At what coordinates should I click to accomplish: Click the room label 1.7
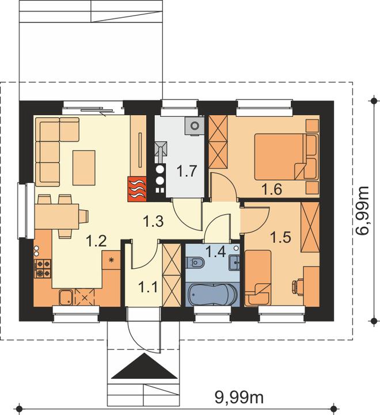pyautogui.click(x=187, y=171)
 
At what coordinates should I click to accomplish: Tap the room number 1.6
pyautogui.click(x=272, y=189)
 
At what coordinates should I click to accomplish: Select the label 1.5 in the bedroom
pyautogui.click(x=281, y=237)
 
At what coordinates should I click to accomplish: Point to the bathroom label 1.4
pyautogui.click(x=216, y=252)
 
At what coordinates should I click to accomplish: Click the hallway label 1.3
pyautogui.click(x=153, y=221)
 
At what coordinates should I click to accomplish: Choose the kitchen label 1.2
pyautogui.click(x=96, y=241)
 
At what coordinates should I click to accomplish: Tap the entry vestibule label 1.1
pyautogui.click(x=149, y=287)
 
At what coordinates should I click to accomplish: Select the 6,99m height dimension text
pyautogui.click(x=362, y=211)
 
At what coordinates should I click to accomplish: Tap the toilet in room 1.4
pyautogui.click(x=195, y=262)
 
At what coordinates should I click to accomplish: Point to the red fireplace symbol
pyautogui.click(x=137, y=189)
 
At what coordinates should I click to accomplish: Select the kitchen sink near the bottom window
pyautogui.click(x=66, y=298)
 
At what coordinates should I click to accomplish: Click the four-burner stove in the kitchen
pyautogui.click(x=43, y=268)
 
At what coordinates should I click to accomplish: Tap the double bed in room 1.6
pyautogui.click(x=286, y=157)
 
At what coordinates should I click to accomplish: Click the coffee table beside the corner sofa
pyautogui.click(x=84, y=167)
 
